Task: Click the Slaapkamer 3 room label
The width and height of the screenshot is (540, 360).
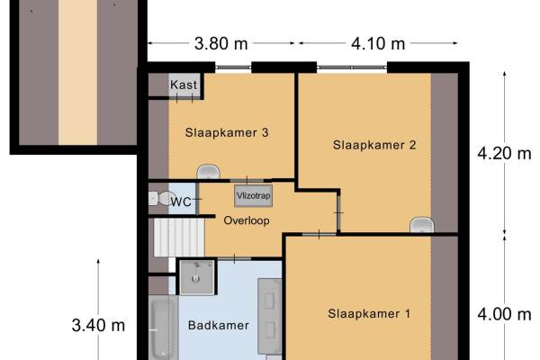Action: (x=227, y=132)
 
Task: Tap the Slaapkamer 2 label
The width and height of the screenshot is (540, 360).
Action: (x=374, y=145)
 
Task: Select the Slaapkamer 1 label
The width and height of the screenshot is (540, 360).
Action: (x=369, y=314)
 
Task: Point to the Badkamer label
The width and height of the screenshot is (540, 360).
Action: (x=219, y=325)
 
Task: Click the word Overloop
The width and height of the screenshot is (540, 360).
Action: (x=247, y=220)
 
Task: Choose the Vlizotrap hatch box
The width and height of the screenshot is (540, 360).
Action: (x=254, y=195)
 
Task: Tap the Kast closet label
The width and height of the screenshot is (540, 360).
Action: (x=184, y=85)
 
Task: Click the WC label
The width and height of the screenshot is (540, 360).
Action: (x=181, y=202)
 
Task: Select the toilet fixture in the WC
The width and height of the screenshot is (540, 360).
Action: (x=161, y=198)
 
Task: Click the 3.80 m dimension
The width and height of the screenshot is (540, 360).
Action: (x=221, y=44)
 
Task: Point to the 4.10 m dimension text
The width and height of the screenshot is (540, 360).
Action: (x=378, y=44)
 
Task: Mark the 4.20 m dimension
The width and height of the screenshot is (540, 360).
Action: (x=504, y=153)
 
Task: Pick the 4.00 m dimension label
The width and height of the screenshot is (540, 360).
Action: (x=504, y=314)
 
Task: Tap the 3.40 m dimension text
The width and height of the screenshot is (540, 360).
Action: (x=98, y=326)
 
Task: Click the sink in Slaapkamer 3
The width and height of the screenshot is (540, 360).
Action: (x=208, y=172)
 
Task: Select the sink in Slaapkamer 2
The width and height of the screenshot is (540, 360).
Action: (x=421, y=225)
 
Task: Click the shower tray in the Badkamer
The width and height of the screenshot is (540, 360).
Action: (x=197, y=277)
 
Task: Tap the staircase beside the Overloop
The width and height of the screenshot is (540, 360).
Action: (x=179, y=238)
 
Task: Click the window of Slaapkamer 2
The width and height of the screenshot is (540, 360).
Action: (x=352, y=67)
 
